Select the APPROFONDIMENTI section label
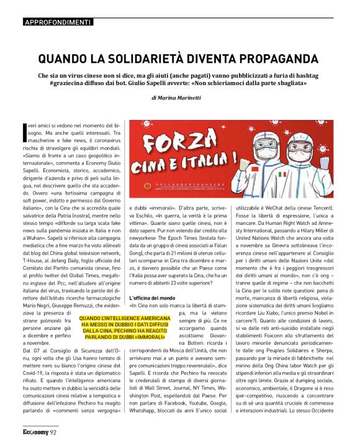57,22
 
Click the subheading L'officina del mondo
152,299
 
